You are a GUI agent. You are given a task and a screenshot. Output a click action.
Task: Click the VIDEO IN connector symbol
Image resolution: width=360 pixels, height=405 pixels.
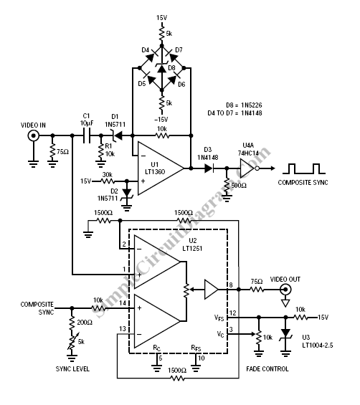(34, 135)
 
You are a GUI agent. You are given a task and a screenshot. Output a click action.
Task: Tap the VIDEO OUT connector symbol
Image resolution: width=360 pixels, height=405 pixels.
(285, 290)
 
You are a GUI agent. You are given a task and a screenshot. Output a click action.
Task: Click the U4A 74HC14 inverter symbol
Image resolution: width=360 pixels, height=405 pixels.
(249, 168)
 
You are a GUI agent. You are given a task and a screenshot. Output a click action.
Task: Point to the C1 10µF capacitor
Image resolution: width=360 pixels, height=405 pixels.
(87, 135)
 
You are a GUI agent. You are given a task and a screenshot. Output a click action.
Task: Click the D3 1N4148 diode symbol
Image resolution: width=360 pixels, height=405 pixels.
(209, 168)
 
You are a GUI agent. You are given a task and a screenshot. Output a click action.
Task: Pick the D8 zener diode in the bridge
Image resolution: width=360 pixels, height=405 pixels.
(162, 68)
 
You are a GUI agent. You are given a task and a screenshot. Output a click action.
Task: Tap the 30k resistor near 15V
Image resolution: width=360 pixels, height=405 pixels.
(108, 181)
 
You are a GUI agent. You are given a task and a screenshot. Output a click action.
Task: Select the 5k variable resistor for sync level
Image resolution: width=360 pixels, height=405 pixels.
(72, 342)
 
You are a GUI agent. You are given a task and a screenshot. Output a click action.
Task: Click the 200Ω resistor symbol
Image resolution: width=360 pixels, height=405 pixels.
(72, 323)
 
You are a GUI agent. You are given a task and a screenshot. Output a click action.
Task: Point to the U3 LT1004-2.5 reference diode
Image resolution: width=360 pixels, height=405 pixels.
(285, 335)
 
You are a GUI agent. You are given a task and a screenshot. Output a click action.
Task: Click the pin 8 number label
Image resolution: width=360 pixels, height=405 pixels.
(231, 285)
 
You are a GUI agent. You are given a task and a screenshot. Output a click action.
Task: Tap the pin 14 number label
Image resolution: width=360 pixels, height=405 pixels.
(123, 302)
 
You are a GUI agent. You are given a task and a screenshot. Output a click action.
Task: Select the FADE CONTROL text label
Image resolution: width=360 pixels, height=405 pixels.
(267, 369)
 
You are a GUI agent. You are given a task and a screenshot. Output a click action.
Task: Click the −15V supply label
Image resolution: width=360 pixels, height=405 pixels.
(161, 120)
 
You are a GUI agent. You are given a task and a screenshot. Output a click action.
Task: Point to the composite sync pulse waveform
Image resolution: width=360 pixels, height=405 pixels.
(304, 168)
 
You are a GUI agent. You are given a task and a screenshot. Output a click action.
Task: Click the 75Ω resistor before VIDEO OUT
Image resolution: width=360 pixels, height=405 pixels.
(257, 290)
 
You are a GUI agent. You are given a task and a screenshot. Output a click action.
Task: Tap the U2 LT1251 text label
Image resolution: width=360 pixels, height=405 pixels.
(192, 244)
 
